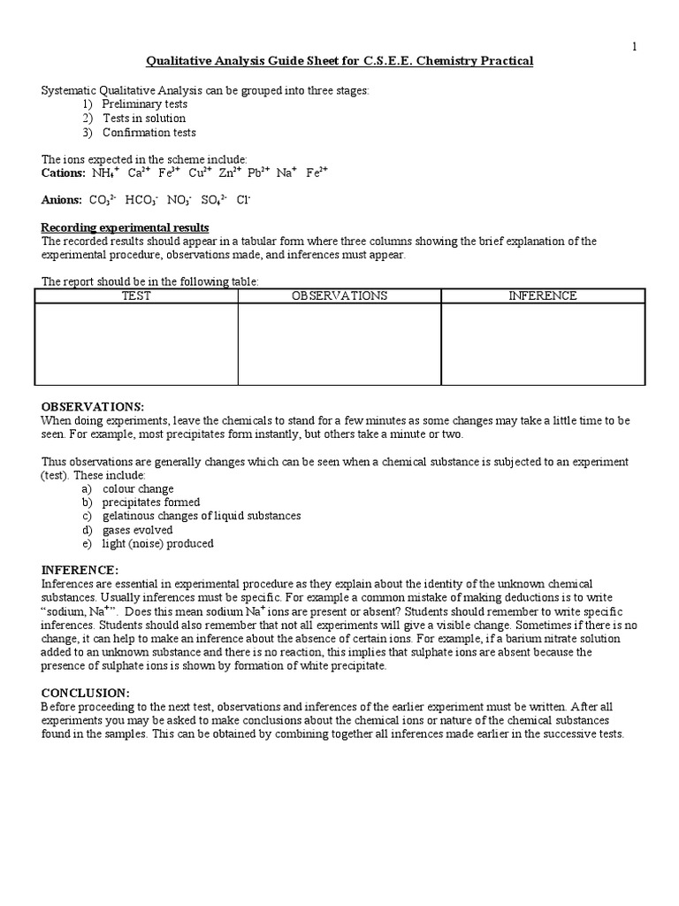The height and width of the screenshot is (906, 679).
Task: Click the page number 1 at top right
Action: tap(634, 46)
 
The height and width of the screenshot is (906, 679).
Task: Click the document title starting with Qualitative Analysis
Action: tap(339, 61)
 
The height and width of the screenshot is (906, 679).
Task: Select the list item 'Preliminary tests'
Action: tap(144, 104)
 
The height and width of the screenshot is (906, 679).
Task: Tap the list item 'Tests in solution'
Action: tap(143, 119)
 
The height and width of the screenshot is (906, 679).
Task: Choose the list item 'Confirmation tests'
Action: tap(149, 133)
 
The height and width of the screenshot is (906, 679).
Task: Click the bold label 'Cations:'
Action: tap(63, 173)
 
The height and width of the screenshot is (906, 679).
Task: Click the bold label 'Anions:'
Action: tap(61, 200)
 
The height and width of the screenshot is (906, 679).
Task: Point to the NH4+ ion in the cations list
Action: tap(105, 173)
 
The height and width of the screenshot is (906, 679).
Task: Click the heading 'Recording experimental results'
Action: tap(126, 227)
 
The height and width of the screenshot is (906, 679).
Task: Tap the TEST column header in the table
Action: tap(136, 296)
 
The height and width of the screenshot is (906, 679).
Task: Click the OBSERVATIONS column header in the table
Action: tap(339, 296)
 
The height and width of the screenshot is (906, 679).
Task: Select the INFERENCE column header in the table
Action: tap(542, 296)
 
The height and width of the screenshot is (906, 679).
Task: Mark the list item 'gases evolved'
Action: tap(137, 530)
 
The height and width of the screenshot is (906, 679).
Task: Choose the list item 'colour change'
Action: tap(138, 488)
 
